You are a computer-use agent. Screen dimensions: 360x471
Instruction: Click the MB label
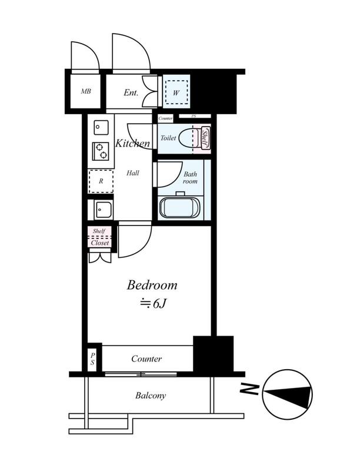(86, 91)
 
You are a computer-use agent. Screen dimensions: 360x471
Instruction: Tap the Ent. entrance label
(131, 92)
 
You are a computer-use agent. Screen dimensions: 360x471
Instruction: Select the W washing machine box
(176, 92)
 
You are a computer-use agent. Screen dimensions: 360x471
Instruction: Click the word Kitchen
(132, 143)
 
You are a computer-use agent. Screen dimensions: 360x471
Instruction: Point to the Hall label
(132, 173)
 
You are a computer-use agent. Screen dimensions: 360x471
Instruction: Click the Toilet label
(168, 138)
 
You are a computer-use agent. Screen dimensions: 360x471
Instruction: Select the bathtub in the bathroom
(180, 208)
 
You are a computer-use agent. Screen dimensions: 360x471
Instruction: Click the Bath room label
(190, 178)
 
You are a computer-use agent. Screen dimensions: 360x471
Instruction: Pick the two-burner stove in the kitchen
(101, 151)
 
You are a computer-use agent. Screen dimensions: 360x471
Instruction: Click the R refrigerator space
(101, 181)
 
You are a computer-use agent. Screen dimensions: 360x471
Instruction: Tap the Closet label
(100, 243)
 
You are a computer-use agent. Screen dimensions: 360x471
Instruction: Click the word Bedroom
(152, 285)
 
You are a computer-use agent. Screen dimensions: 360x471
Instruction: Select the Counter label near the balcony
(146, 359)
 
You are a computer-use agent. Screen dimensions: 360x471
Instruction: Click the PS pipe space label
(92, 359)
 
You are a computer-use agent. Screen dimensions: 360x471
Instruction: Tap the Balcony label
(151, 396)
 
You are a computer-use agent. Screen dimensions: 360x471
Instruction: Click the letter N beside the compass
(249, 389)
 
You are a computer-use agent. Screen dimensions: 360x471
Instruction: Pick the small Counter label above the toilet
(165, 119)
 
